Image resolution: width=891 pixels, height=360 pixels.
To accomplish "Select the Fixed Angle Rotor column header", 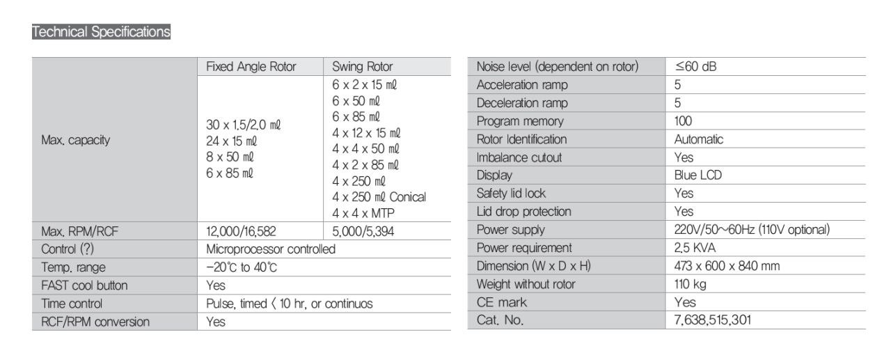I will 251,67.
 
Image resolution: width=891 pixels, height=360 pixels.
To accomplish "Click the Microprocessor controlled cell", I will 271,249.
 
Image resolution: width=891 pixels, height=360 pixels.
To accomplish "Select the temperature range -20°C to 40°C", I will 244,267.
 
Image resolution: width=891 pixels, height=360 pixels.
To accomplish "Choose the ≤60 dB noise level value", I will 701,66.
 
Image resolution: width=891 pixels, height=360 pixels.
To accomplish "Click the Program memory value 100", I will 684,121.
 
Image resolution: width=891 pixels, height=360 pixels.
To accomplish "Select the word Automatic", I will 699,139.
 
